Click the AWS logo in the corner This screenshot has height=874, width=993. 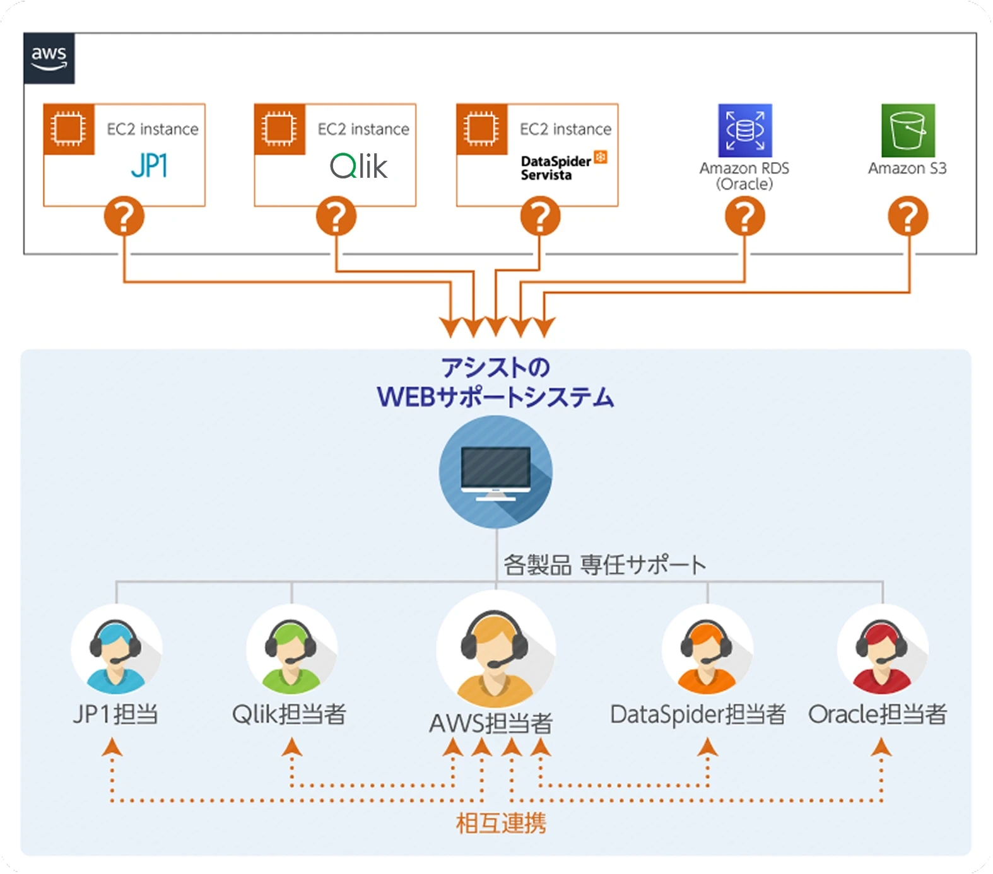coord(49,58)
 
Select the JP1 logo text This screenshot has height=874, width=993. coord(150,166)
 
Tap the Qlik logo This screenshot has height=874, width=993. coord(358,166)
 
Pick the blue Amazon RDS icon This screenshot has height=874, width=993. coord(745,131)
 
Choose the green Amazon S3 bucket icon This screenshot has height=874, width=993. coord(908,131)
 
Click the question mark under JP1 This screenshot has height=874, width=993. coord(124,216)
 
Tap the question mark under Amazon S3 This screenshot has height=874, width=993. coord(908,216)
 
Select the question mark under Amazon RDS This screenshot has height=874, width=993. coord(745,216)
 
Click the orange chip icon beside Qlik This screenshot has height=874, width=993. coord(279,129)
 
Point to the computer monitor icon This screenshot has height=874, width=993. coord(496,472)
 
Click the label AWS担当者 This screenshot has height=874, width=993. coord(491,723)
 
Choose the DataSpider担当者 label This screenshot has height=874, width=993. coord(698,714)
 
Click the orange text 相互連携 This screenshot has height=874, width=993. coord(501,824)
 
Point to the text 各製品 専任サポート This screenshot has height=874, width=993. coord(604,565)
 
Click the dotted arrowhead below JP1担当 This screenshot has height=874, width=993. coord(112,748)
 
